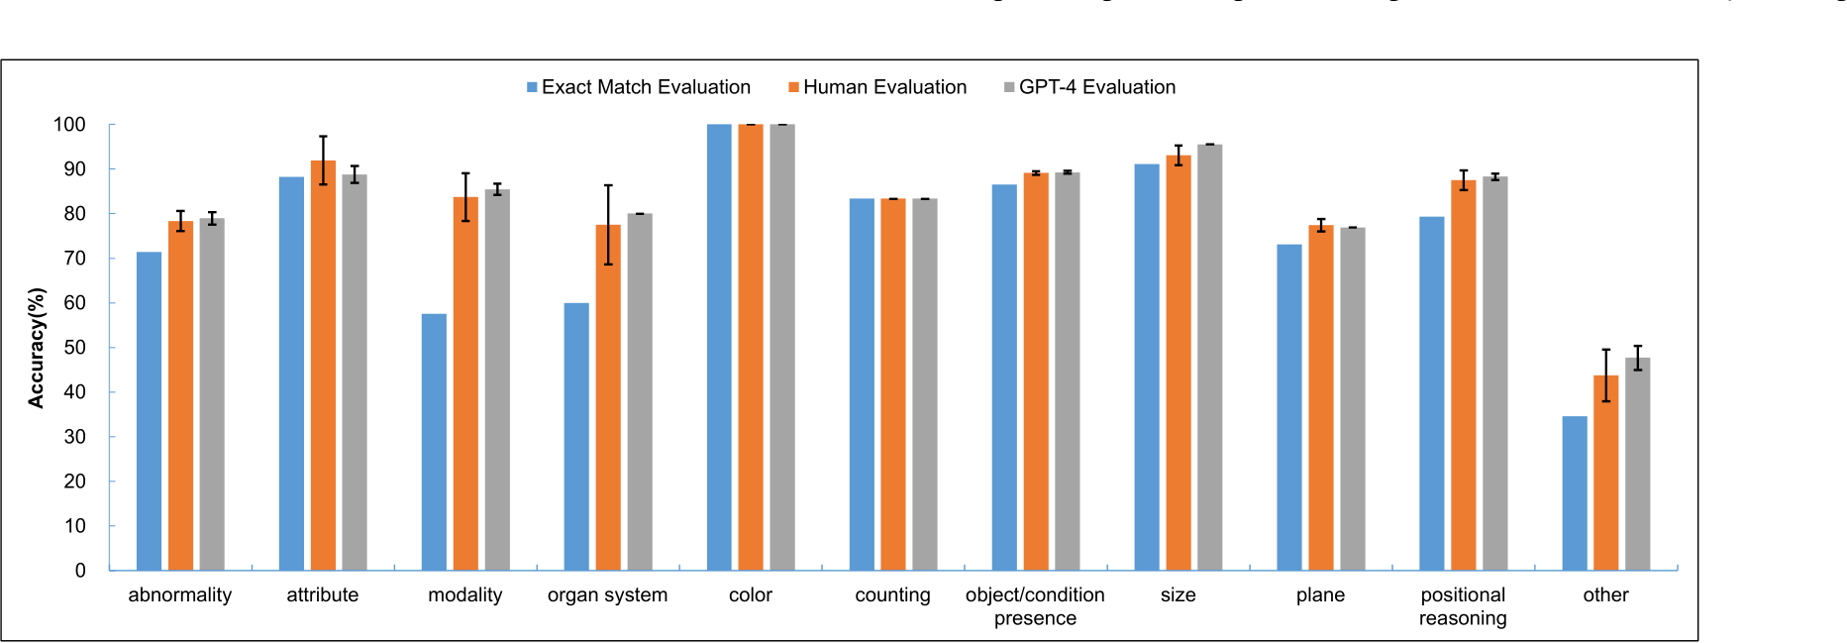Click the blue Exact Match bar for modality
tap(434, 442)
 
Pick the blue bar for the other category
tap(1575, 493)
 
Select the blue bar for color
tap(719, 347)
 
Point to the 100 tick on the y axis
tap(69, 125)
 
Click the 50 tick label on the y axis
tap(74, 348)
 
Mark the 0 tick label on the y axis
tap(80, 571)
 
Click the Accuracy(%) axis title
tap(37, 348)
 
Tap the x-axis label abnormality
tap(179, 595)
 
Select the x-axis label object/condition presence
tap(1035, 606)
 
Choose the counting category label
tap(892, 595)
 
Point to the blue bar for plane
tap(1288, 406)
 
